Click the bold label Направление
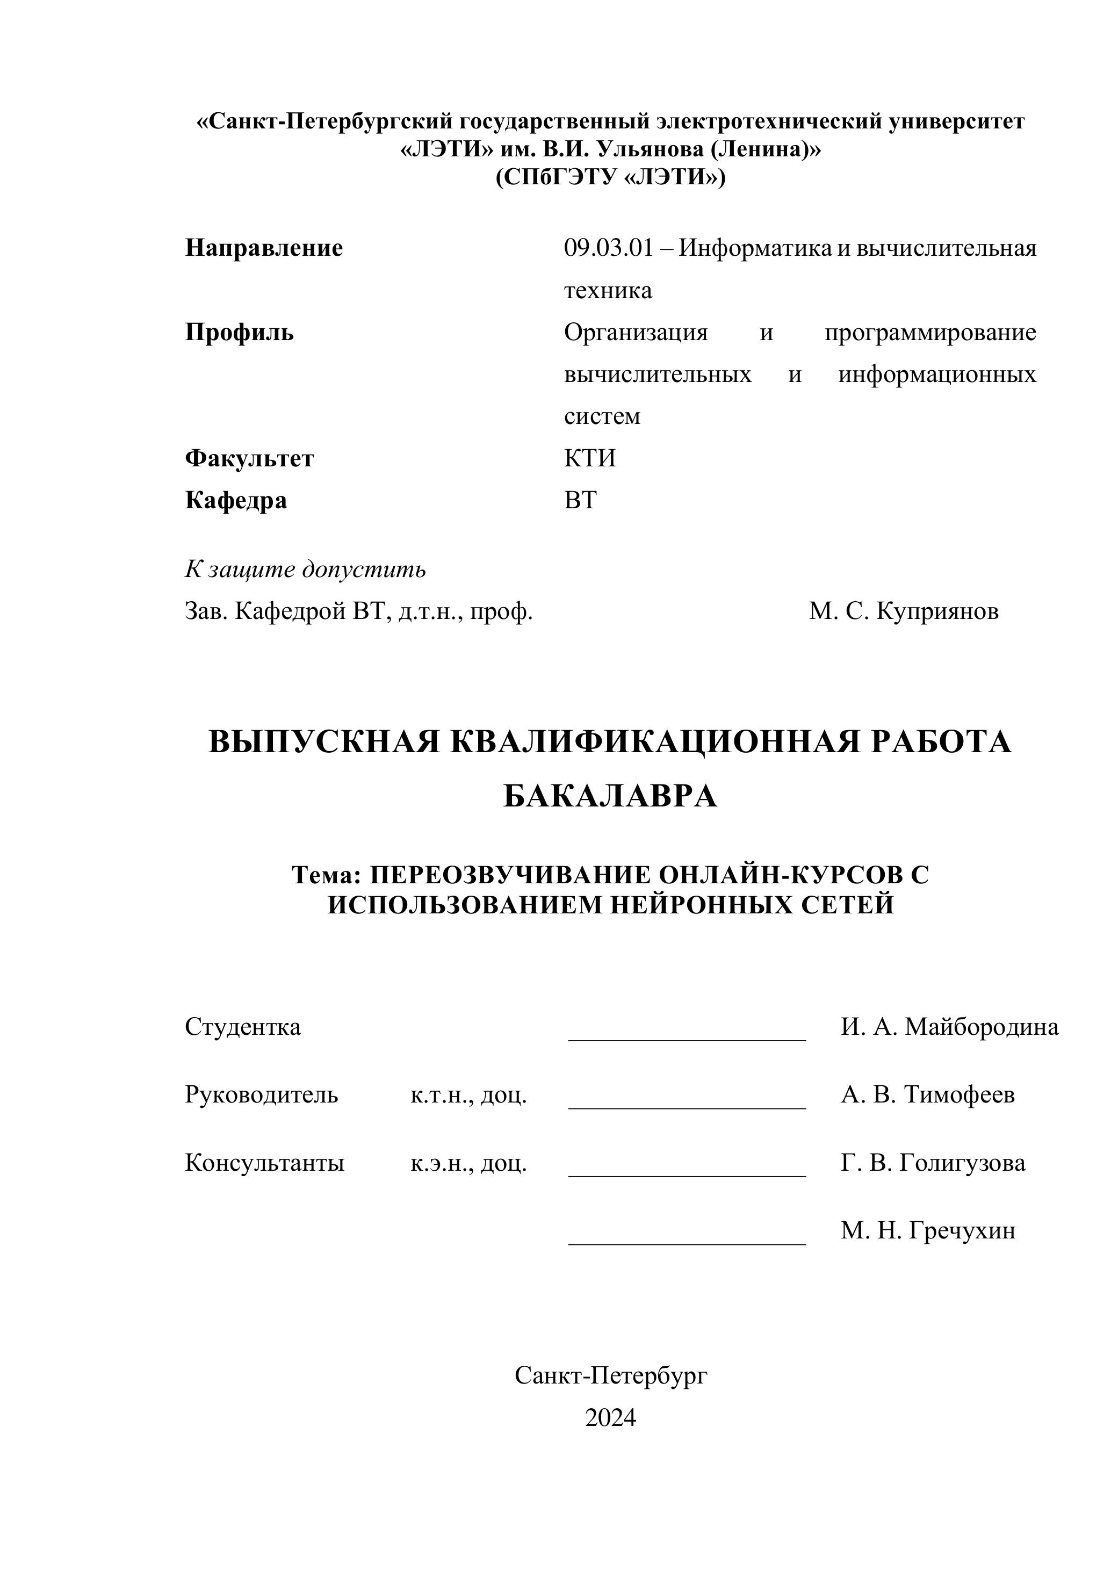point(264,248)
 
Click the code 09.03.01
point(609,248)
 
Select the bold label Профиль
point(240,333)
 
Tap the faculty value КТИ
point(590,458)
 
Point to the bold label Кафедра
point(236,500)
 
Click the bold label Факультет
point(249,458)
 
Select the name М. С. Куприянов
point(904,611)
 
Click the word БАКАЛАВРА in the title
point(610,796)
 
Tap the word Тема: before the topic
point(326,875)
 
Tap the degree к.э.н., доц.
point(468,1163)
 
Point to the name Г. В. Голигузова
point(933,1163)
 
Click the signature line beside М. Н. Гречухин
point(687,1243)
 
